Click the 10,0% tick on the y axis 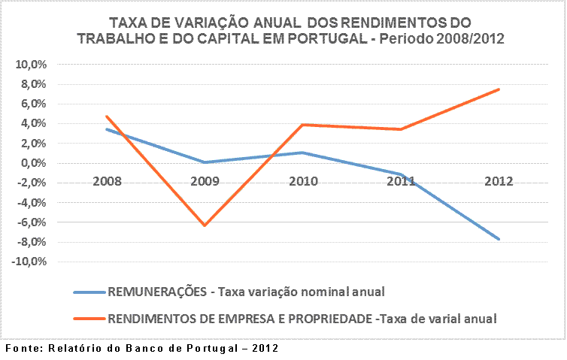31,65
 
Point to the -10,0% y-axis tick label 29,262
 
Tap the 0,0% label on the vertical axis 33,163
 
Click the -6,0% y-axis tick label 31,222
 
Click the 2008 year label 108,181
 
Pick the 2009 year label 205,181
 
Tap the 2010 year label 303,181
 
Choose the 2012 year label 499,181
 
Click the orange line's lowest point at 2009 204,225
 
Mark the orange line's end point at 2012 499,89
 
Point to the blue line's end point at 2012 499,239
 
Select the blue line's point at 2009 205,162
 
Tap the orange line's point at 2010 302,125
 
